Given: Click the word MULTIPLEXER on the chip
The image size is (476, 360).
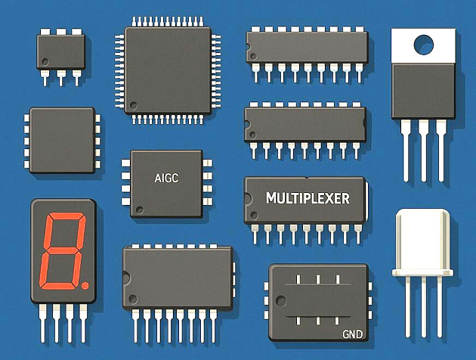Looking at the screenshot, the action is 308,198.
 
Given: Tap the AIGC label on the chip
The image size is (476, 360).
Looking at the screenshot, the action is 166,178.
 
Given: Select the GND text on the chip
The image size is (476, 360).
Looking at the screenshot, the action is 352,334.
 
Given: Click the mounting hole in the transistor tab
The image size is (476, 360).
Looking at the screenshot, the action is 423,45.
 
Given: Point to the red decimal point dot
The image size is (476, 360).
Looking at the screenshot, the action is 85,286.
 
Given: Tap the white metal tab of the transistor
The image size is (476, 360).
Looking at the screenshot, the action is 423,46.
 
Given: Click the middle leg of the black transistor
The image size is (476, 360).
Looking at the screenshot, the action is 423,151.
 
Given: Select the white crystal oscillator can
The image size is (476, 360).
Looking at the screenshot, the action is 422,243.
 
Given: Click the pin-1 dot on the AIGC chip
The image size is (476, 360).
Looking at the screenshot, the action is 140,209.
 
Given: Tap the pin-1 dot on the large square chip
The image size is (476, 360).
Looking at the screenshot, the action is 133,105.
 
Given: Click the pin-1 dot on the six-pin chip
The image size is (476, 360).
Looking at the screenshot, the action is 45,62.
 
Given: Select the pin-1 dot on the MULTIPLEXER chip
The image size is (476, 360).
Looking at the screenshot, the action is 254,216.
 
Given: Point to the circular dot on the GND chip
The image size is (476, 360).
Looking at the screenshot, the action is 281,301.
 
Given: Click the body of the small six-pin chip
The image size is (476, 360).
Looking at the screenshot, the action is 60,52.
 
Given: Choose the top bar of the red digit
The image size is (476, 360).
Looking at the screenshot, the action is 66,216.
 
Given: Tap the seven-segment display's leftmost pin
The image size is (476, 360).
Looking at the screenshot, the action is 42,323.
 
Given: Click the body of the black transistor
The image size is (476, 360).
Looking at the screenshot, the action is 423,91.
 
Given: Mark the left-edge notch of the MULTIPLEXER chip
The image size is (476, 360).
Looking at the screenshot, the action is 247,199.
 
